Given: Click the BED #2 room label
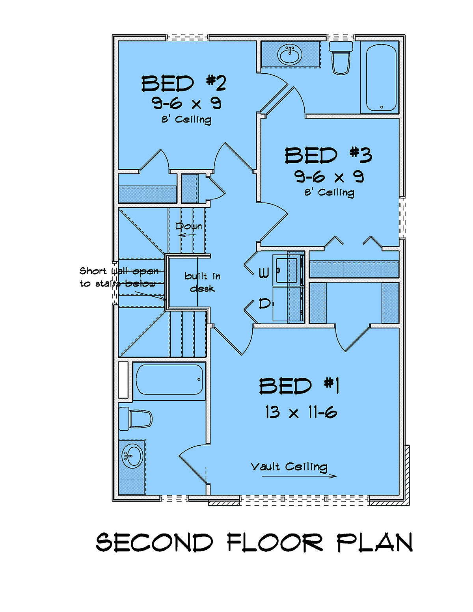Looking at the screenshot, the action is [x=183, y=84].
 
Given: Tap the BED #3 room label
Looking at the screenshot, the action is [x=328, y=155].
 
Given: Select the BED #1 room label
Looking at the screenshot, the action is [x=299, y=386].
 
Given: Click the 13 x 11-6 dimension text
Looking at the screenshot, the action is [x=301, y=413].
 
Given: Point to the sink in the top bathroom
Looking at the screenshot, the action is [x=290, y=55].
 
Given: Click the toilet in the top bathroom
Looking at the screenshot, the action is [x=341, y=58].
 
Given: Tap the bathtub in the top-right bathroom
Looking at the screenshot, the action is [x=382, y=78].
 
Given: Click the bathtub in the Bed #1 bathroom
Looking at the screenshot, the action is [x=169, y=379].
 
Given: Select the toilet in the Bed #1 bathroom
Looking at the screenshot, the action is [x=135, y=419].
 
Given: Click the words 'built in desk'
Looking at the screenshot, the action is [x=203, y=282].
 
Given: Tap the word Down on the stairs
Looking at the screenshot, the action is [x=189, y=226].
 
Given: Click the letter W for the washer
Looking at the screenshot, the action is [x=264, y=273].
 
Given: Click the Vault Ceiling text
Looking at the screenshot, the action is [x=289, y=467].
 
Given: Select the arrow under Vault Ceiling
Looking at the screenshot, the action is [x=299, y=476].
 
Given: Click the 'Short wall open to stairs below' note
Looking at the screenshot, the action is [x=119, y=277].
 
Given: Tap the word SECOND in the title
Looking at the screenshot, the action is [x=155, y=542].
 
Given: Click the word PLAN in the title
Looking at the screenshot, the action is [x=375, y=542].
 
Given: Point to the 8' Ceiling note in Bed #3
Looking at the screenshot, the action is [x=329, y=193].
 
